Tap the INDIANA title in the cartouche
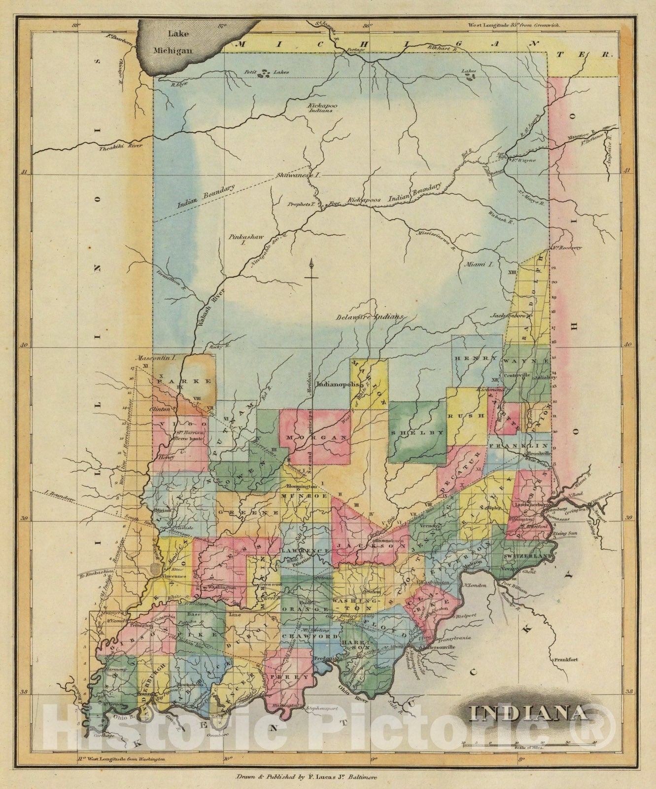527,713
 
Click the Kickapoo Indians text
320,108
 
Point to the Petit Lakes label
267,72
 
